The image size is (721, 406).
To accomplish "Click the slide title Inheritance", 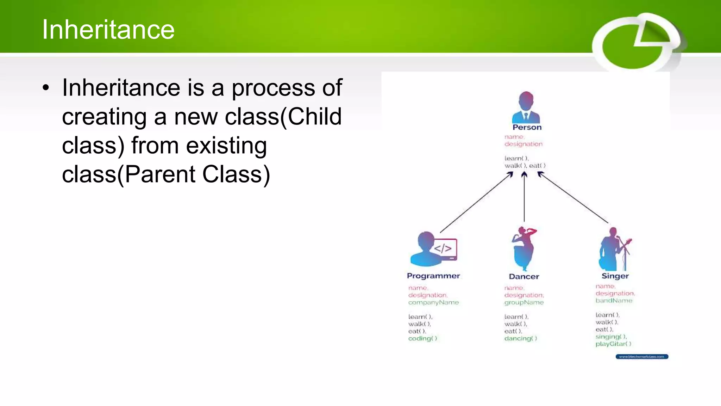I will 108,30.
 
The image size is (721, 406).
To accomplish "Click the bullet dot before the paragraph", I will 46,88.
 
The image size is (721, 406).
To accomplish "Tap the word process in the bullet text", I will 273,88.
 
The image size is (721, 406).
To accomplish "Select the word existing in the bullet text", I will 226,146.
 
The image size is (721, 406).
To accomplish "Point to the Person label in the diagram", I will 527,127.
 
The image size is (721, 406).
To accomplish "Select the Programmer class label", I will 433,276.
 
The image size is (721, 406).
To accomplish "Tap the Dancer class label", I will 524,277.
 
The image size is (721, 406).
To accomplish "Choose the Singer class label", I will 615,276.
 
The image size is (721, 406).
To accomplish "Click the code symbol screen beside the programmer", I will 444,249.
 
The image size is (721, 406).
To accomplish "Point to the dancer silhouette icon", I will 523,248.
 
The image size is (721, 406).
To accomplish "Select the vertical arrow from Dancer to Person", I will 524,197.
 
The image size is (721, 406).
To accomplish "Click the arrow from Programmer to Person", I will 476,203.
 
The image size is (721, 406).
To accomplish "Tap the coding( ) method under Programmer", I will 422,338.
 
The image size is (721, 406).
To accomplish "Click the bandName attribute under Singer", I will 614,301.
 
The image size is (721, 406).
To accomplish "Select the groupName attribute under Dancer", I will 524,302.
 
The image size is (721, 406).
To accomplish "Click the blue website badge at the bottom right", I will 642,357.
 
